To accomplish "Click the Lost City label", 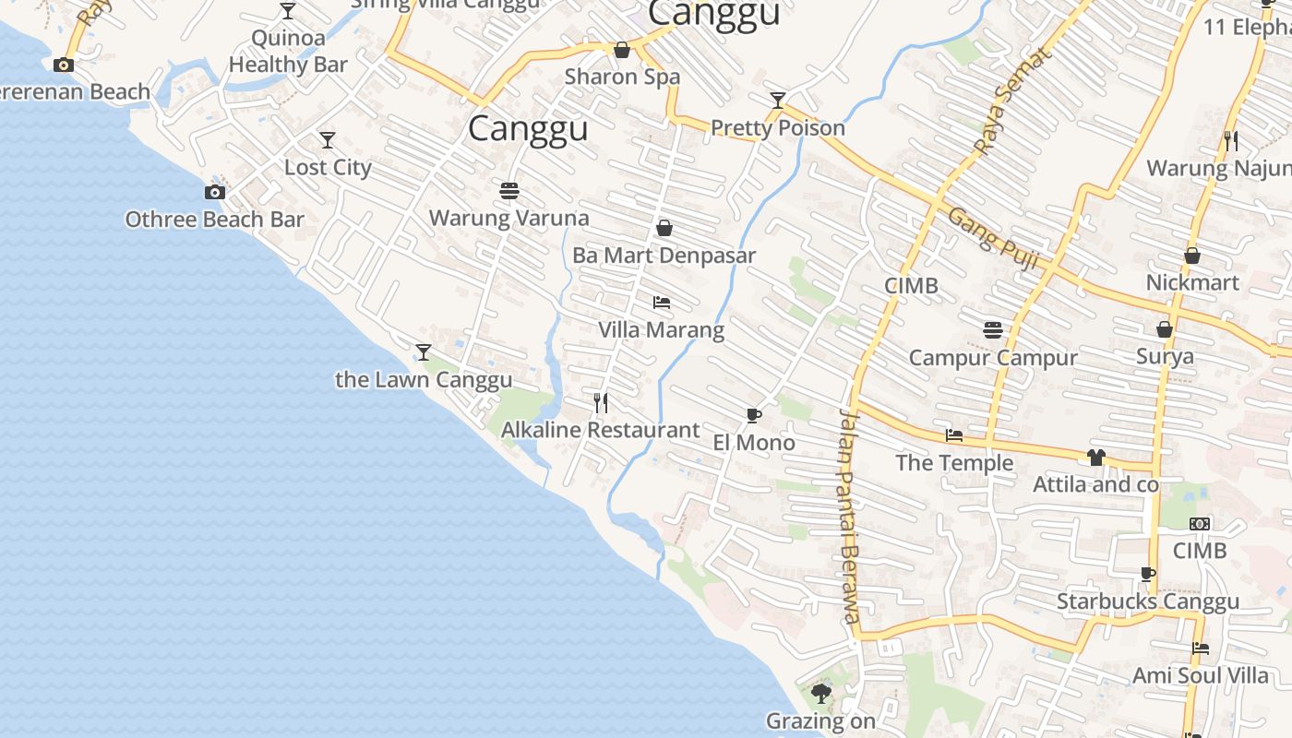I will (x=328, y=167).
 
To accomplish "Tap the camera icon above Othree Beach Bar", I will (x=214, y=192).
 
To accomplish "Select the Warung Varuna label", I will (x=508, y=218).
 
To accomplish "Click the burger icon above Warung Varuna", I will (x=508, y=191).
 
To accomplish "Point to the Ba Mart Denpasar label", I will (x=664, y=255).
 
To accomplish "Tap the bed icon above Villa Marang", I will (x=662, y=302).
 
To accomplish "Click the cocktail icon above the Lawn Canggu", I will (x=423, y=351).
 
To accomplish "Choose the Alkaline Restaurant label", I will (x=600, y=429).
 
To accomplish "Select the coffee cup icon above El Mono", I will (x=754, y=415).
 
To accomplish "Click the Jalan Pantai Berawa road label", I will (x=849, y=517).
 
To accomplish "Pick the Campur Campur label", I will (x=993, y=357).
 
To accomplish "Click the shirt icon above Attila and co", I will (x=1095, y=457).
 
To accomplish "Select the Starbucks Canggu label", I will (x=1147, y=601).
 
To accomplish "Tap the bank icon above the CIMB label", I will (x=1199, y=523).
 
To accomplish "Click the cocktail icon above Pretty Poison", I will (x=778, y=100).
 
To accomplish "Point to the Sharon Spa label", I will (x=622, y=77).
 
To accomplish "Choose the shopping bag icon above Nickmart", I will (x=1192, y=256).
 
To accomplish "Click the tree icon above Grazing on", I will (x=820, y=693).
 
